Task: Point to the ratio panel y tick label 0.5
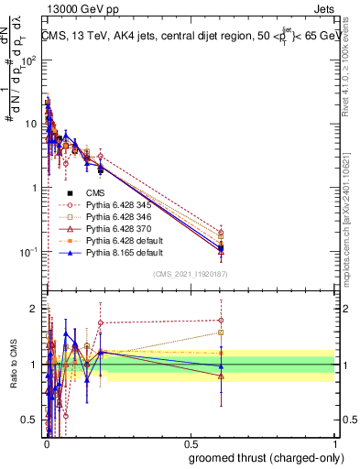click(x=30, y=420)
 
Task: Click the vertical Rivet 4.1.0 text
click(x=351, y=69)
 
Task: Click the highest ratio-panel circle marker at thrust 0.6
click(x=221, y=321)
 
